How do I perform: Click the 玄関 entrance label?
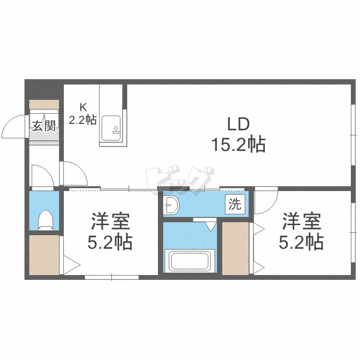[44, 126]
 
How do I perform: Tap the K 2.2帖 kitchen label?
[83, 115]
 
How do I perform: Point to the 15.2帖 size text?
[239, 144]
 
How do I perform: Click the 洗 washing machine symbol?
[235, 204]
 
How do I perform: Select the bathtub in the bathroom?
[189, 261]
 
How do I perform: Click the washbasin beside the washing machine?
[171, 206]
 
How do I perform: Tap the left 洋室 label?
[110, 222]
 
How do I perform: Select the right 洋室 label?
[301, 221]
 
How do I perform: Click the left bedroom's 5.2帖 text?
[110, 243]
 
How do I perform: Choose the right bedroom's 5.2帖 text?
[301, 242]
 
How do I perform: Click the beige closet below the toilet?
[44, 254]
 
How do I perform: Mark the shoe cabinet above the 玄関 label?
[44, 104]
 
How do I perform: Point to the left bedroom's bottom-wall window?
[111, 277]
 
